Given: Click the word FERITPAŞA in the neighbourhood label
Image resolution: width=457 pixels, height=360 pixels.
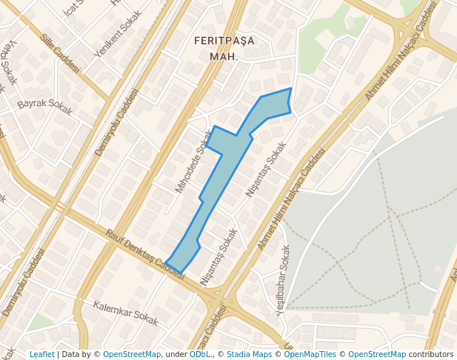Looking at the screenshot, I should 224,41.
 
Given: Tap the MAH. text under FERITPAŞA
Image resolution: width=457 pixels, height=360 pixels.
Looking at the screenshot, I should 224,56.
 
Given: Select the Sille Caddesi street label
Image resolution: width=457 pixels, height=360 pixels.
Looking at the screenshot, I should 60,53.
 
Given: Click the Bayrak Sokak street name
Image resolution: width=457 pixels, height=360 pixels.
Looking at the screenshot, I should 45,107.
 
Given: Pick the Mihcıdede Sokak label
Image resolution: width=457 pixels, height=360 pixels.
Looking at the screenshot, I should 193,161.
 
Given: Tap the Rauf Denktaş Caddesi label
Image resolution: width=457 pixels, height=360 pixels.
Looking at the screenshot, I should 145,253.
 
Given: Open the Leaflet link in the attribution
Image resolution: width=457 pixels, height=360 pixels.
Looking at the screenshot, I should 41,354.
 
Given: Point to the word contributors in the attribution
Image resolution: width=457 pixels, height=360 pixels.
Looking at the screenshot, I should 431,354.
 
